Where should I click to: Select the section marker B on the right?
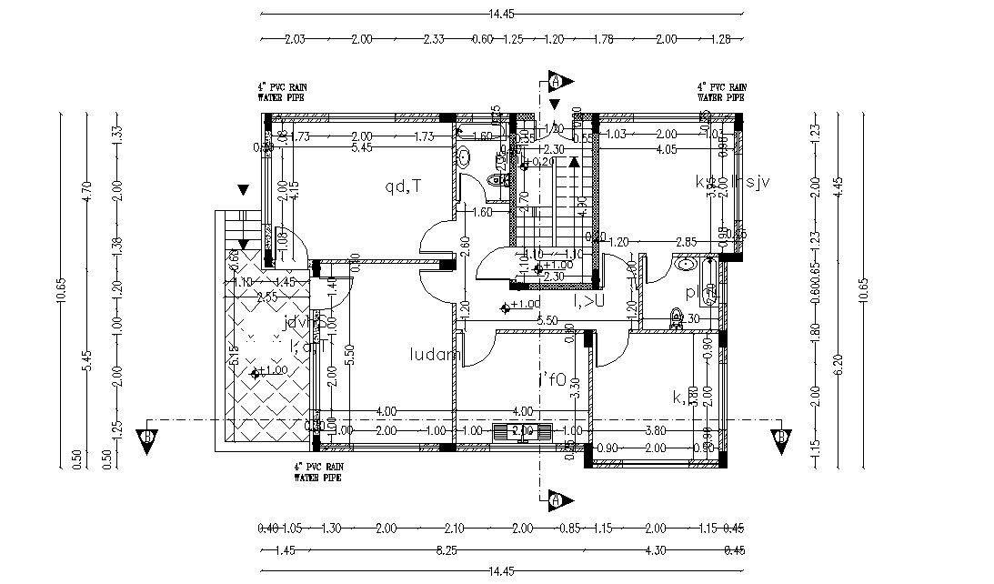[780, 437]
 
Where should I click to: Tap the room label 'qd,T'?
[403, 186]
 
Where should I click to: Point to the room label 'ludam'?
[436, 354]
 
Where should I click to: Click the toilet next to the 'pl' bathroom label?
[675, 317]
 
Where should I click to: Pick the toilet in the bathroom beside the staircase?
[497, 181]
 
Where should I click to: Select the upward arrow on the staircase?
[574, 164]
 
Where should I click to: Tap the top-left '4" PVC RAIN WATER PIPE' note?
[281, 91]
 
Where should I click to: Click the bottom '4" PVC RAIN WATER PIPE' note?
[318, 470]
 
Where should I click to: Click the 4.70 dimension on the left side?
[87, 190]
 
